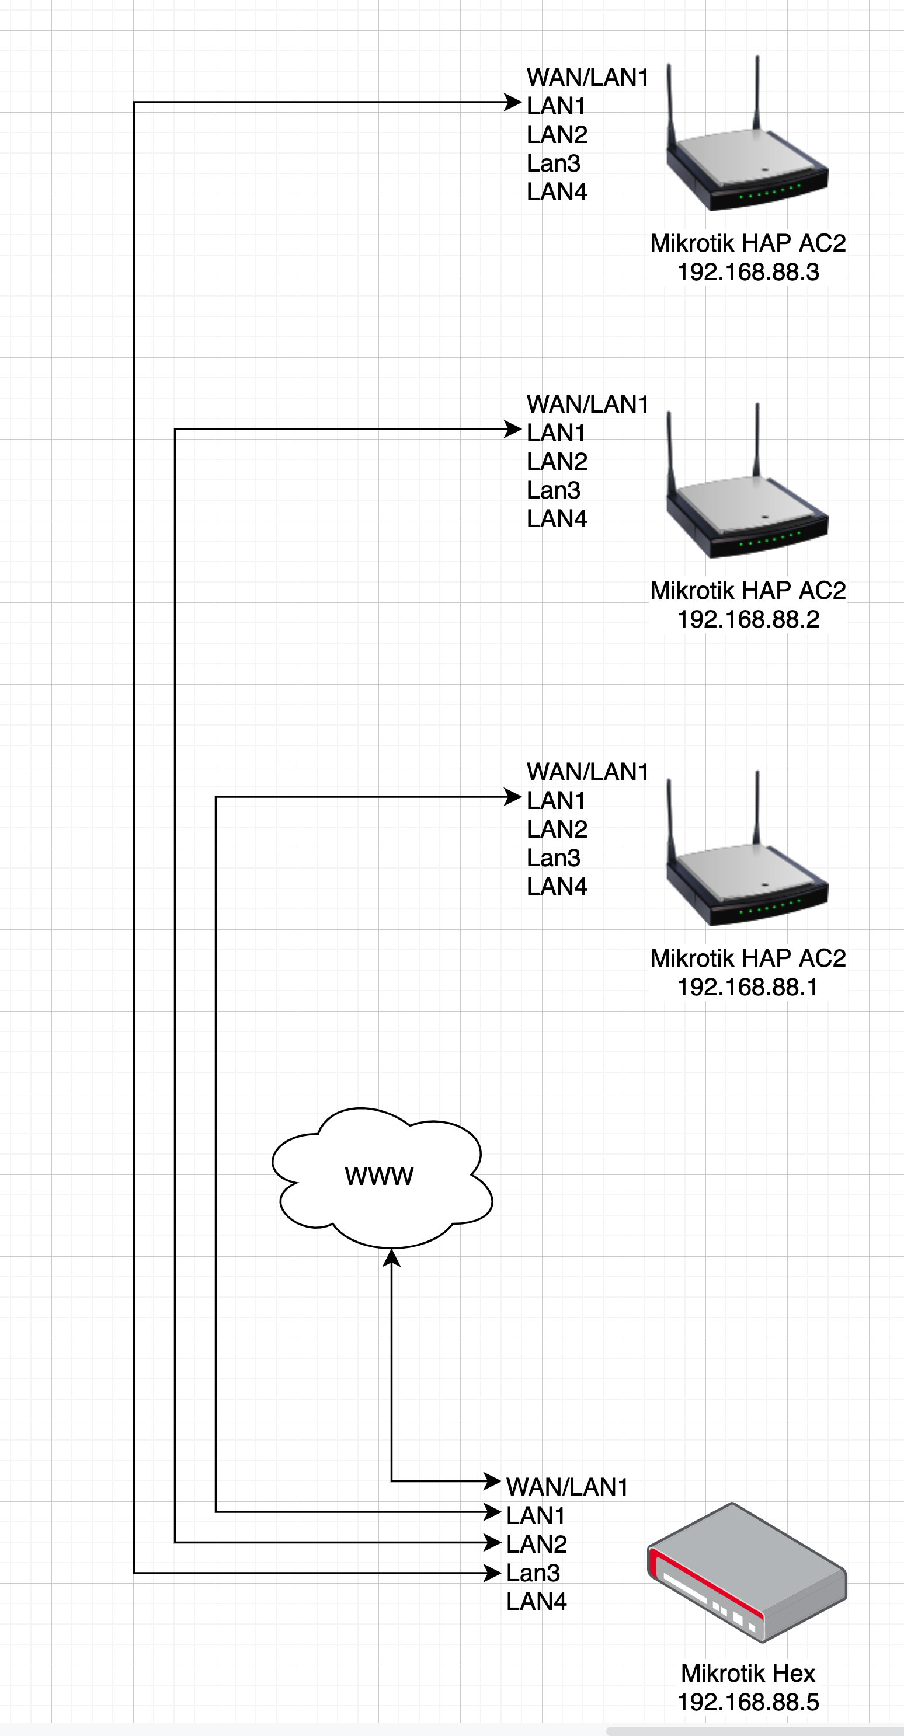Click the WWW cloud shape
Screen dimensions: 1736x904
[381, 1176]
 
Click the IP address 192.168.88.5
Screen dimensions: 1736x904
[747, 1702]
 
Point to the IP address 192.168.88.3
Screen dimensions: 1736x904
[747, 271]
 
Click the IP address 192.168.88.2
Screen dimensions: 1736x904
[747, 619]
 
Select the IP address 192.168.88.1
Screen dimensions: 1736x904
[747, 986]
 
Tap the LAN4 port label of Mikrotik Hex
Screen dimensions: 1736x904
[537, 1601]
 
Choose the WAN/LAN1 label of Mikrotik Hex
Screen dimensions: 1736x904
[567, 1486]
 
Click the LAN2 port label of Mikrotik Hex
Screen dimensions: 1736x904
[537, 1543]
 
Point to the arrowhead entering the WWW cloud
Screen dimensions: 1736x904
[392, 1257]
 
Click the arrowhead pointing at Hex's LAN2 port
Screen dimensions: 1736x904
[493, 1542]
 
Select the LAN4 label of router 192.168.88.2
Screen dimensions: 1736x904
[557, 518]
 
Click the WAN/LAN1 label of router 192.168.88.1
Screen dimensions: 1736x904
[587, 771]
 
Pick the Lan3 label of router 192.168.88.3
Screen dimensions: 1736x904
[553, 163]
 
